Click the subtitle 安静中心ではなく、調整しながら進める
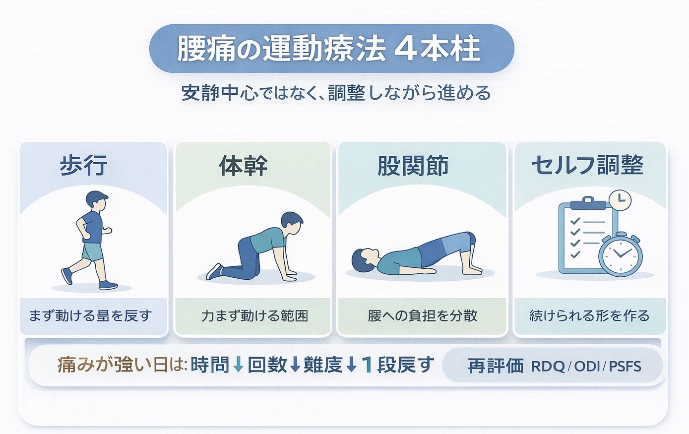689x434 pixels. tap(336, 93)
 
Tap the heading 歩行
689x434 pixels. tap(83, 165)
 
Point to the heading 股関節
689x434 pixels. tap(413, 166)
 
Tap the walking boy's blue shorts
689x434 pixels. tap(92, 251)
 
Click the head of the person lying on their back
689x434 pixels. tap(364, 258)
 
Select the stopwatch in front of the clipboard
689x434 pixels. tap(620, 254)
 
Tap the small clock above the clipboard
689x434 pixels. tap(619, 201)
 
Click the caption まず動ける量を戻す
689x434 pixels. tap(90, 315)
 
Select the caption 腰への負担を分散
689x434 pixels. tap(422, 315)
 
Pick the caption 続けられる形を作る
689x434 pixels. tap(589, 315)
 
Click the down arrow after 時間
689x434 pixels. tap(238, 365)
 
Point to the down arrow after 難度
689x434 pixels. tap(351, 365)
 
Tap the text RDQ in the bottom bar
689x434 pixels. tap(548, 367)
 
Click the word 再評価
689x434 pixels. tap(495, 366)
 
